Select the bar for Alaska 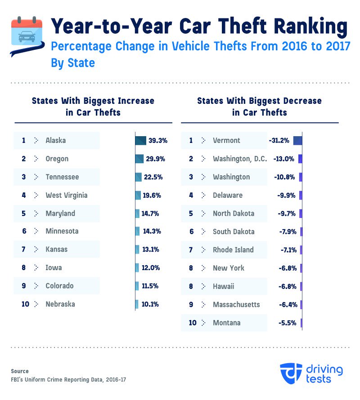coord(140,141)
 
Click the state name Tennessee coord(62,177)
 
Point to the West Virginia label coord(67,195)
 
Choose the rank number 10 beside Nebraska coord(25,304)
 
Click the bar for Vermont coord(297,141)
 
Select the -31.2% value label coord(279,141)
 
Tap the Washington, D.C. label coord(240,159)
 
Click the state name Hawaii coord(224,286)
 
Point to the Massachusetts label coord(236,305)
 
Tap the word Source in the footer coord(20,371)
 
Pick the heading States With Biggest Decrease coord(260,101)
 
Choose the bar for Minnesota coord(137,231)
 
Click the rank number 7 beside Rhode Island coord(191,250)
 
